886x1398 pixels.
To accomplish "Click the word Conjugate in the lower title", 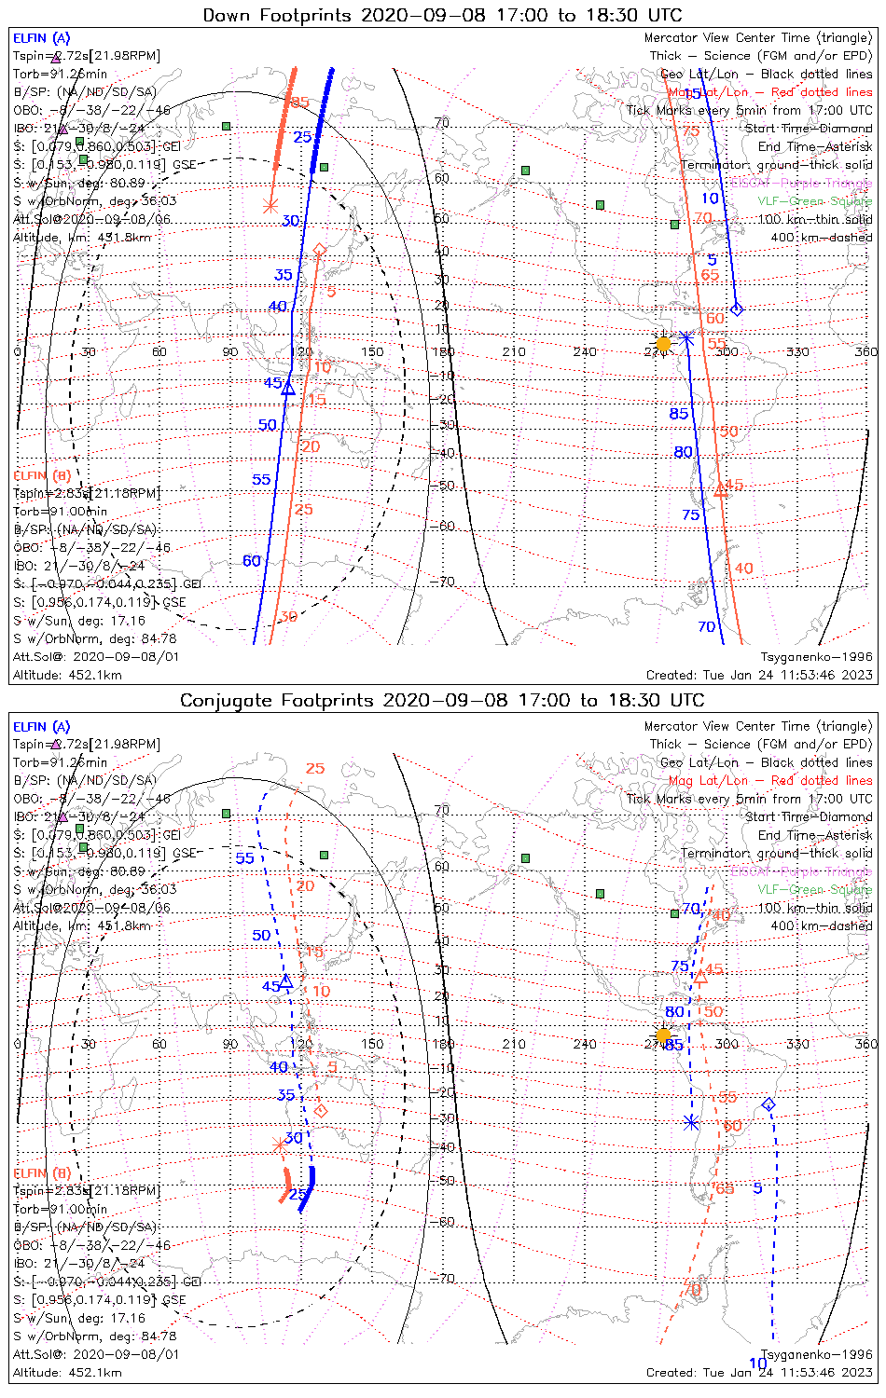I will coord(220,701).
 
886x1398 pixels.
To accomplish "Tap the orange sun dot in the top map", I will coord(663,344).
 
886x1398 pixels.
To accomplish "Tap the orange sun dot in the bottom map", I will coord(663,1035).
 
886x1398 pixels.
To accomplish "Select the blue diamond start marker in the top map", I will coord(737,308).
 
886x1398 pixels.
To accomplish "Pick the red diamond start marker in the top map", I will coord(319,249).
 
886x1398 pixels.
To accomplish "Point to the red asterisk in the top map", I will coord(270,206).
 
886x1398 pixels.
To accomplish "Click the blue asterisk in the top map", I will coord(685,336).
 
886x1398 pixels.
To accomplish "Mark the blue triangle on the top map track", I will coord(288,388).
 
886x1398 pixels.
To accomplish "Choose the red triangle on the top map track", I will coord(720,490).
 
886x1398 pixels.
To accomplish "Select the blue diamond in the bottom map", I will coord(768,1104).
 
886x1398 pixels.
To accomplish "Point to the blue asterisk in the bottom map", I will coord(690,1123).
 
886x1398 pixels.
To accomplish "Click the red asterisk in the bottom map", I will coord(279,1144).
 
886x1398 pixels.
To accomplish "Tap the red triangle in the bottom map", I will coord(700,977).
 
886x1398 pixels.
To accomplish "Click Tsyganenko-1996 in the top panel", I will coord(816,657).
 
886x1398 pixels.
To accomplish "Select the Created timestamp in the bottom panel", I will coord(759,1373).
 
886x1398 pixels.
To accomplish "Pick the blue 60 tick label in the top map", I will coord(252,561).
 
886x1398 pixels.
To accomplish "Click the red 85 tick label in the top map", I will coord(299,103).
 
